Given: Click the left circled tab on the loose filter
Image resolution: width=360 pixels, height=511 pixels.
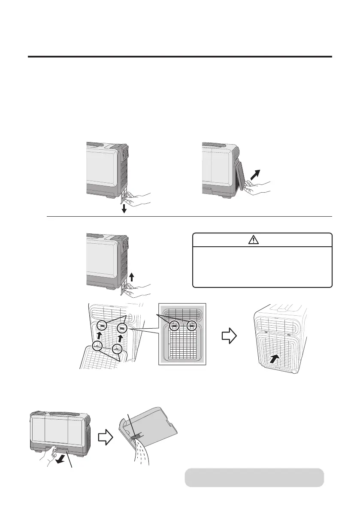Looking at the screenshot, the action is (98, 346).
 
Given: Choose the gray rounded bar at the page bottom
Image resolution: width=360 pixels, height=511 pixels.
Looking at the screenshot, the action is (254, 478).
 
